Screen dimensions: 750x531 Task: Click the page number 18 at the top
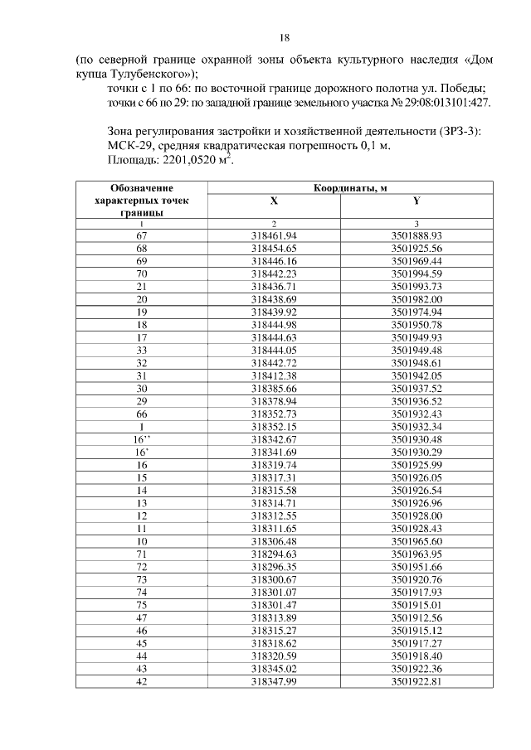(284, 37)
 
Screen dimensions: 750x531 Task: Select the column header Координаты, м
(349, 188)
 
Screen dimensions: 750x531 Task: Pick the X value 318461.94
(273, 235)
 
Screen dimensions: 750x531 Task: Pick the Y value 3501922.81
(417, 685)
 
